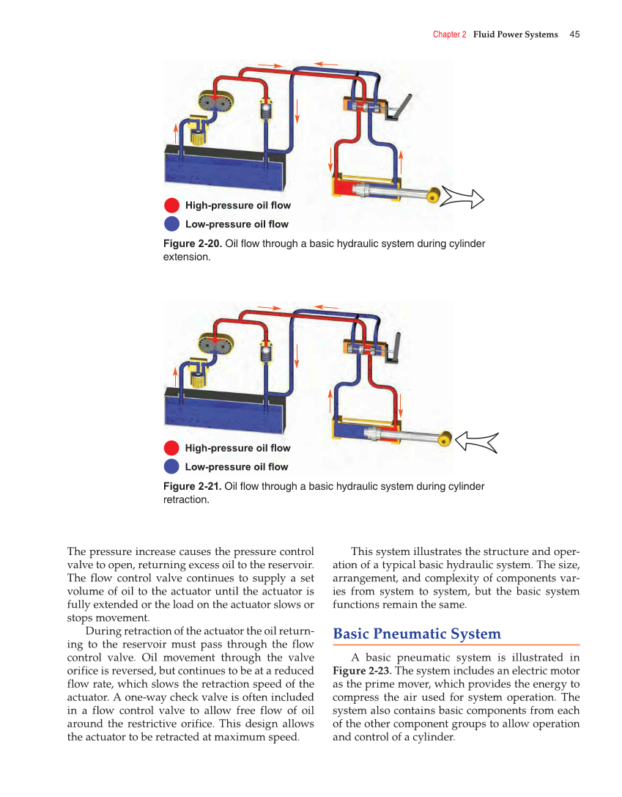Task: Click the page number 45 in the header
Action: (x=574, y=34)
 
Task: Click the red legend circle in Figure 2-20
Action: (x=171, y=205)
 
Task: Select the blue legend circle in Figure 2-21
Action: (x=171, y=467)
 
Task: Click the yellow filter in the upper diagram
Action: (x=196, y=133)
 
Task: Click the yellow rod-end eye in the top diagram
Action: (x=434, y=196)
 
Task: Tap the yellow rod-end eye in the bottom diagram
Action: (x=444, y=440)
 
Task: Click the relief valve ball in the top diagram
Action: (x=265, y=111)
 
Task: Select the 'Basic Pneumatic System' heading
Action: (x=417, y=633)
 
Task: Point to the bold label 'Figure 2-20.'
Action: (x=192, y=243)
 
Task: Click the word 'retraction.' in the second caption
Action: (x=186, y=500)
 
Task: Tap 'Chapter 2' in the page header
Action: (x=449, y=34)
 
